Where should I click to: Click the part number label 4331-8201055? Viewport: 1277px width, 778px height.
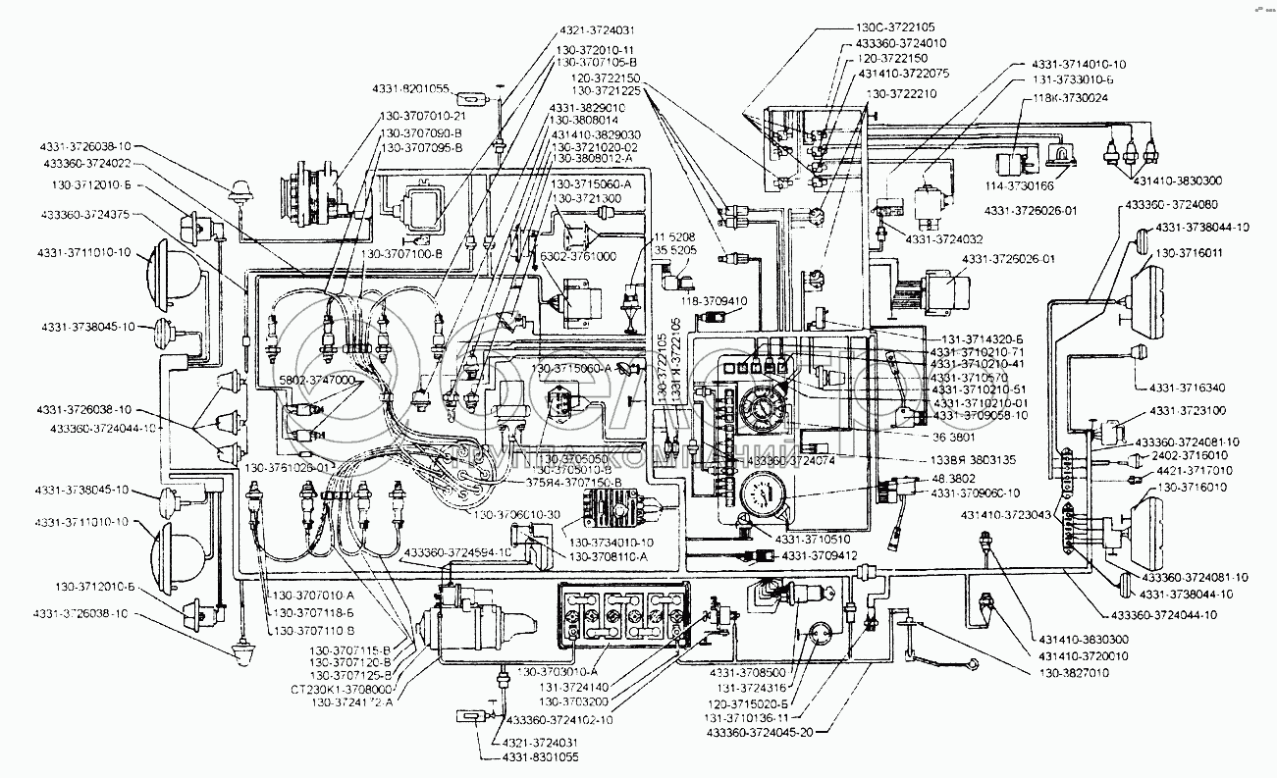click(x=411, y=88)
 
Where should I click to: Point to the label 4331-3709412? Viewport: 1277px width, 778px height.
click(x=822, y=556)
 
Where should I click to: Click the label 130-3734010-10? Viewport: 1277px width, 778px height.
click(x=612, y=542)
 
